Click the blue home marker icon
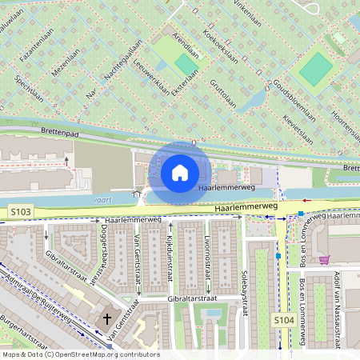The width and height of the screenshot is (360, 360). [x=180, y=172]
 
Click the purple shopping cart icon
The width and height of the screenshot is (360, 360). [x=324, y=259]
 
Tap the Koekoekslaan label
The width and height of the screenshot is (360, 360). [x=220, y=48]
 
